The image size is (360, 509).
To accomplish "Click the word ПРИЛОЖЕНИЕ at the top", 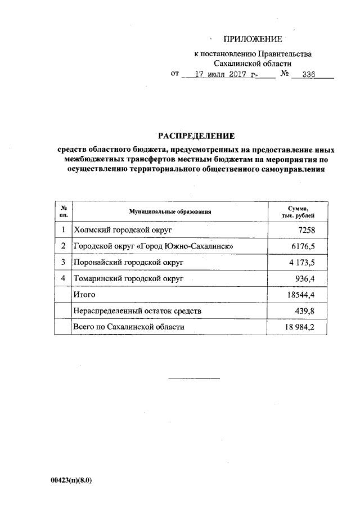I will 252,39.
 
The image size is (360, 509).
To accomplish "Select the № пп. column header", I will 64,212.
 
